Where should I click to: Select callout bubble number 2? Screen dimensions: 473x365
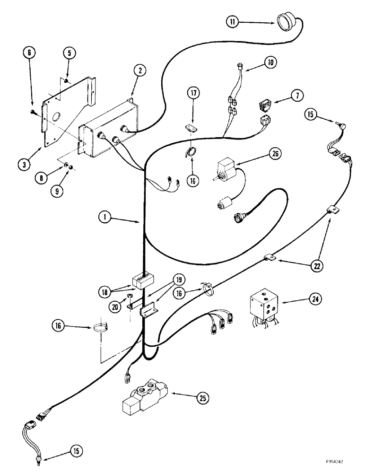click(x=140, y=71)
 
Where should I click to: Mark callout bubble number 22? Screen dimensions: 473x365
click(x=313, y=266)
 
